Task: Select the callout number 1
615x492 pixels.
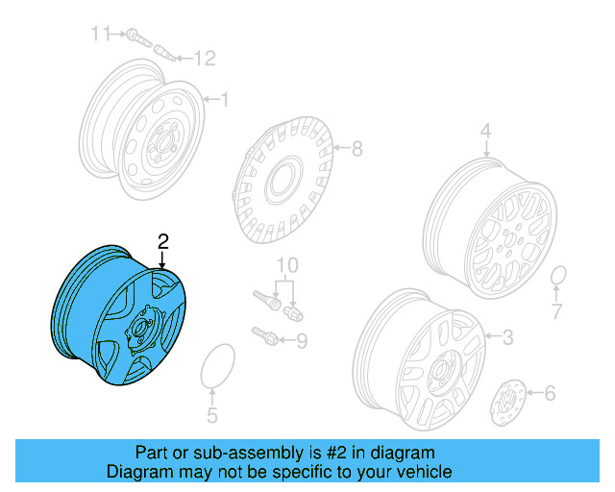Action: [x=225, y=99]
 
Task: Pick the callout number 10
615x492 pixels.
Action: [x=287, y=265]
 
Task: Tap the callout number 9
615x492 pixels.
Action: [x=301, y=339]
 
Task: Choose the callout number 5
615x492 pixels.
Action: [x=212, y=416]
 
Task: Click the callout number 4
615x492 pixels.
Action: [x=485, y=131]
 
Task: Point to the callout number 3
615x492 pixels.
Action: [x=507, y=336]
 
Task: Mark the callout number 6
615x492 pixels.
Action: [x=549, y=392]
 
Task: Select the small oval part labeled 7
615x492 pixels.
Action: [x=557, y=278]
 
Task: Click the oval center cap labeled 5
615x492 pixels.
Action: [x=214, y=366]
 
